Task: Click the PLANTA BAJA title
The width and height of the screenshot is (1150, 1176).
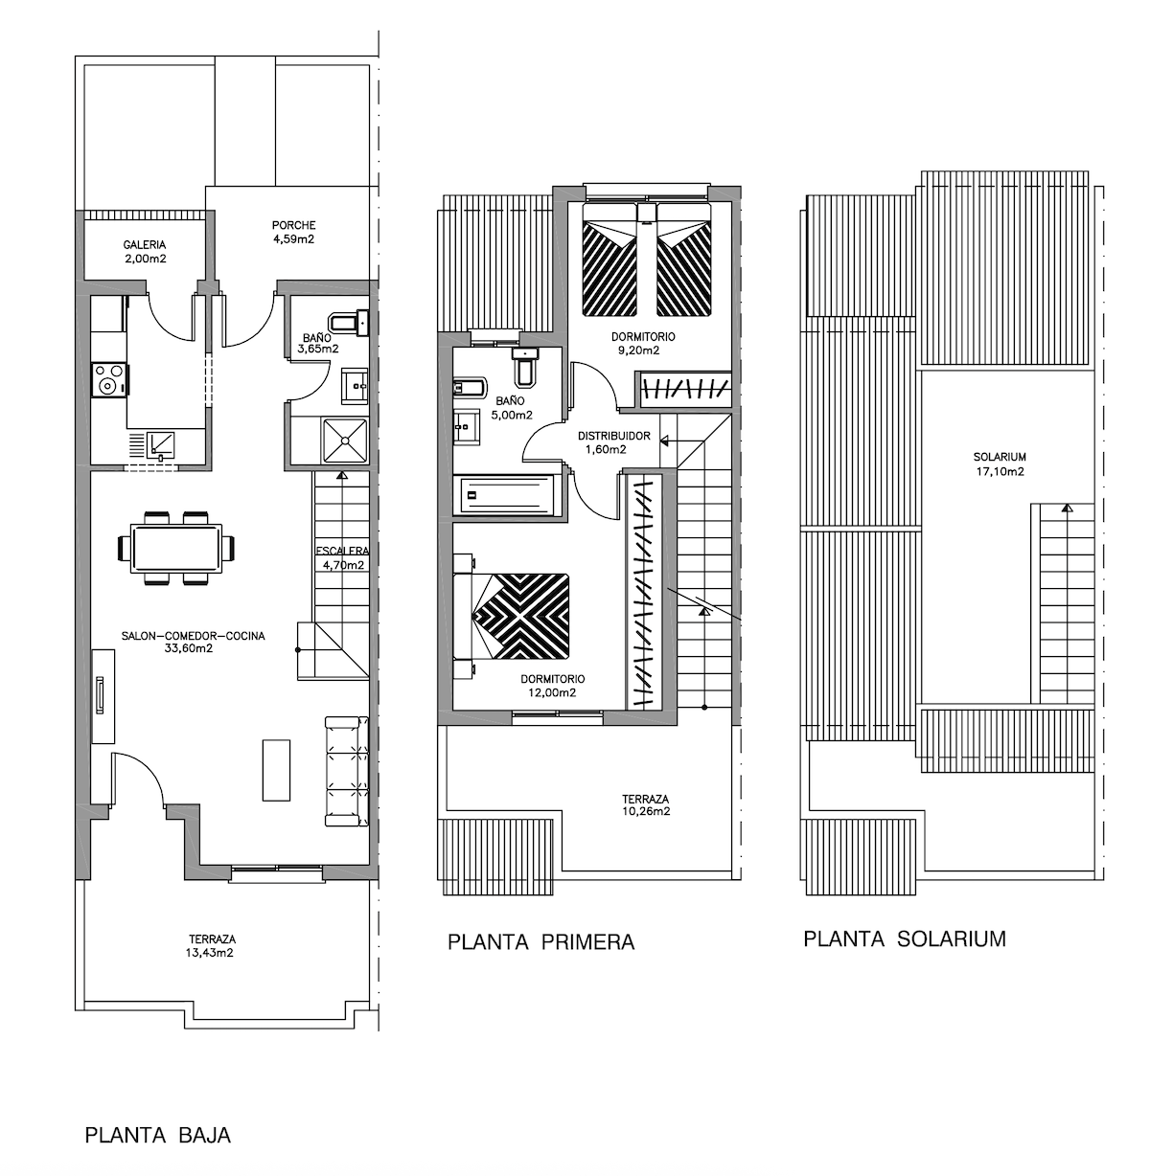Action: pos(158,1136)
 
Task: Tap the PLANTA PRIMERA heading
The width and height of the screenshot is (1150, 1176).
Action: pos(541,942)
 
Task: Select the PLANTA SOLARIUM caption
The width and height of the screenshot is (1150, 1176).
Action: pos(905,939)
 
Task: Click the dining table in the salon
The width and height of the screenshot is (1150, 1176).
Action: pos(176,549)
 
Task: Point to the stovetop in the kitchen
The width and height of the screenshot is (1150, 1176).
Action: pos(109,379)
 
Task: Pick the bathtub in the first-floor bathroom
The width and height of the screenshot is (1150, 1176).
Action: pos(507,495)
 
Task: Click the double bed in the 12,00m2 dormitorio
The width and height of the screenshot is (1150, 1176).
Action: pos(520,616)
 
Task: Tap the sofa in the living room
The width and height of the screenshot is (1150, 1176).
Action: pos(347,771)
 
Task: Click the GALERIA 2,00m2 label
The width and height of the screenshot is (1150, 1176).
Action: pos(145,252)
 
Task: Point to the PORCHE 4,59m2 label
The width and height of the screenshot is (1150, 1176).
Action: pos(294,232)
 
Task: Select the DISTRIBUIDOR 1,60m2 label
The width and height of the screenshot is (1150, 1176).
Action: pos(613,442)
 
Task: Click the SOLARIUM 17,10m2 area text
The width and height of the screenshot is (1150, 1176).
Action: pos(1000,464)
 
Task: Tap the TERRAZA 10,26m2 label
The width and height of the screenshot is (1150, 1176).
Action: pos(645,805)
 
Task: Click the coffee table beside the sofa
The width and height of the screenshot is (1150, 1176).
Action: pos(276,770)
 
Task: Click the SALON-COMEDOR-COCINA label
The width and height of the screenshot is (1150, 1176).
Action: pos(193,642)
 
